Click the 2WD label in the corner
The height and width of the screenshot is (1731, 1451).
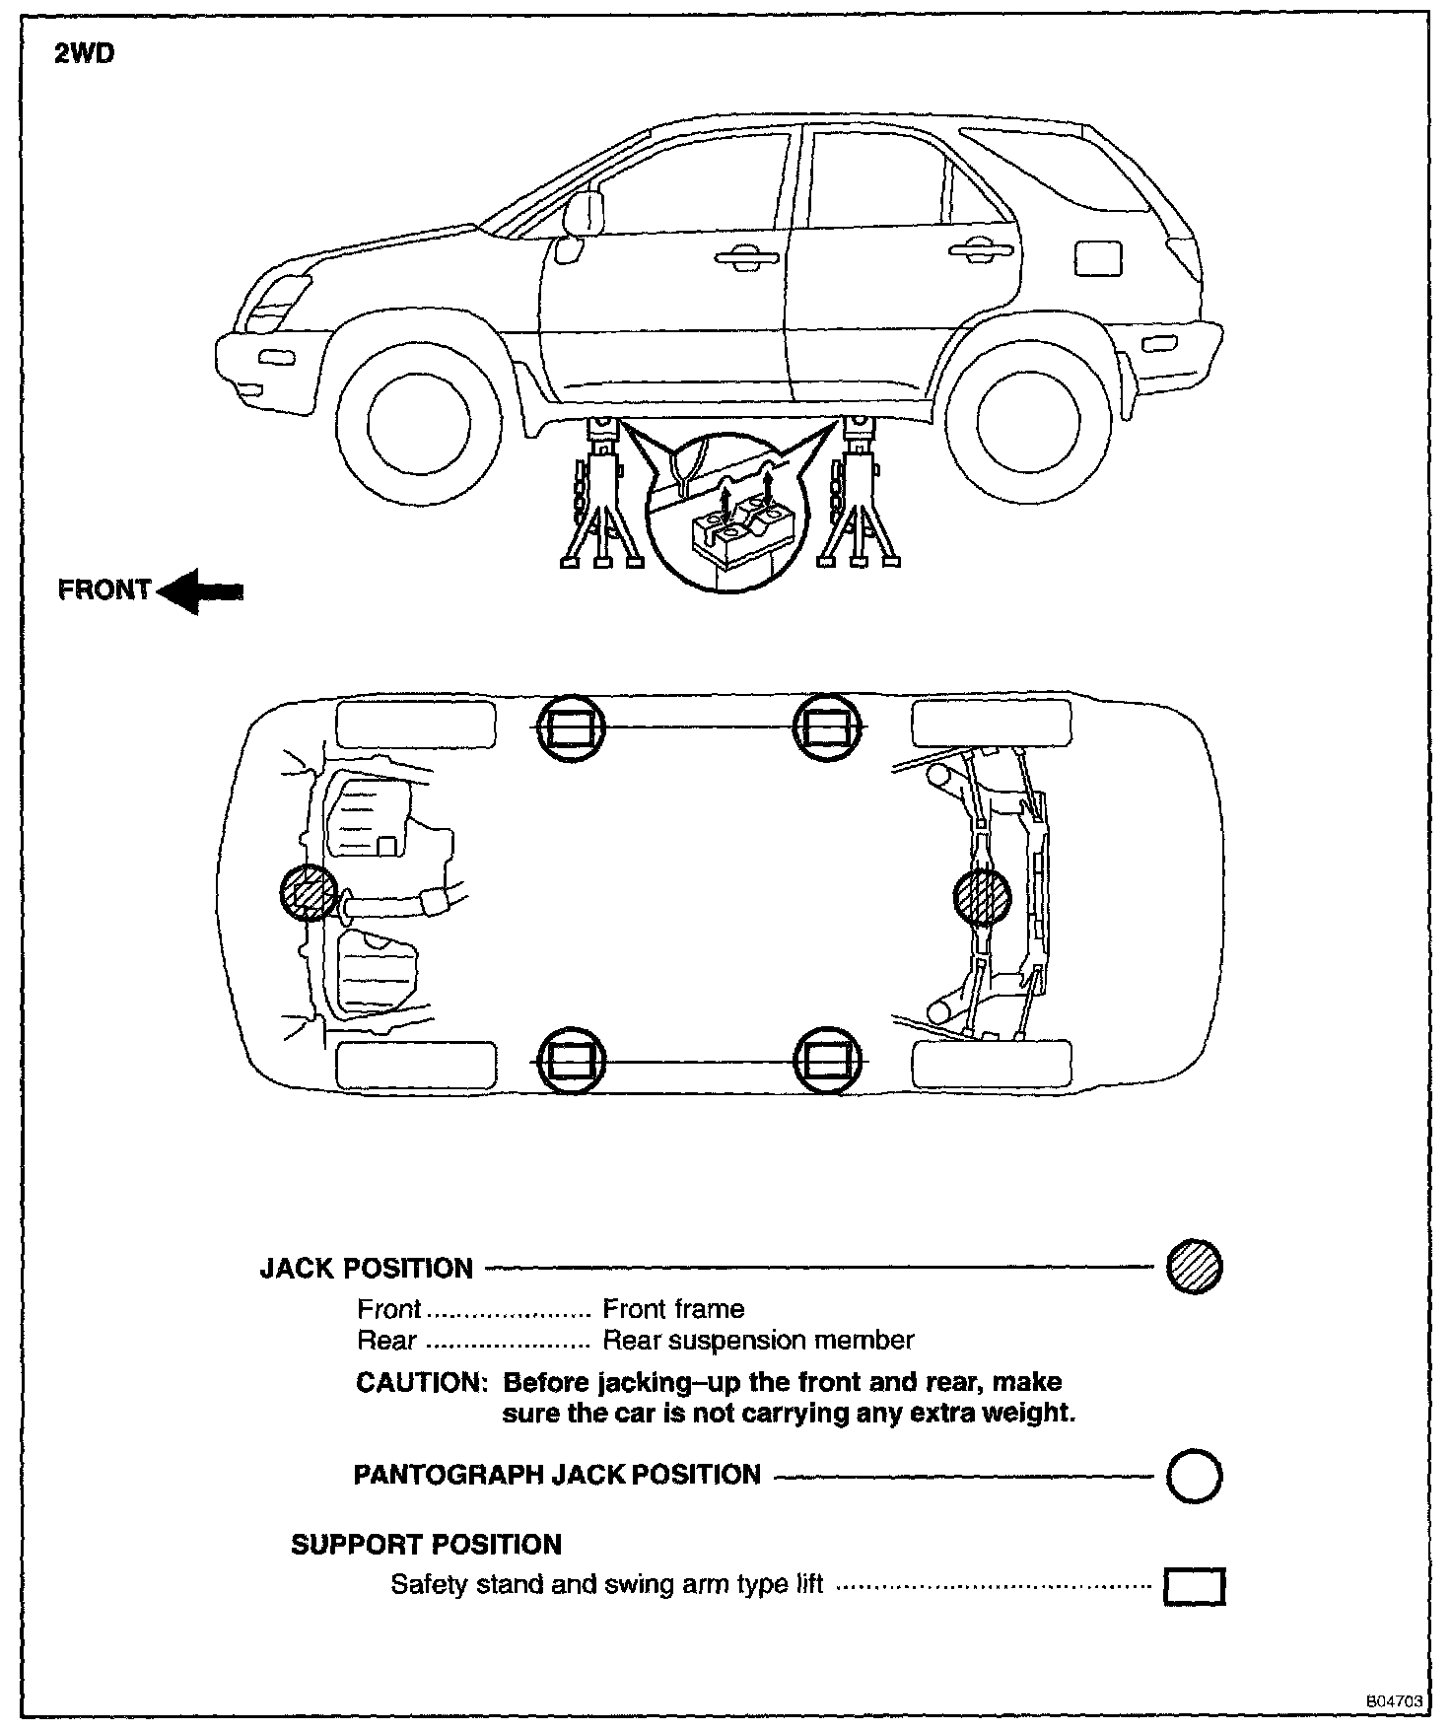tap(84, 53)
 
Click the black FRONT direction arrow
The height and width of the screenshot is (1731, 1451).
tap(200, 590)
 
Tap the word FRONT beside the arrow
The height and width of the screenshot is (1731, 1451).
tap(104, 589)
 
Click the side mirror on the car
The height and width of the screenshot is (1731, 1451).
tap(583, 214)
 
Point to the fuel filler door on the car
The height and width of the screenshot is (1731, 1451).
tap(1099, 258)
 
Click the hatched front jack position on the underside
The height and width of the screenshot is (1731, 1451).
tap(309, 893)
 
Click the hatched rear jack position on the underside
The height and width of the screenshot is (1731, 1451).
tap(983, 897)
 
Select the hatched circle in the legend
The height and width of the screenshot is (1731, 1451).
tap(1195, 1267)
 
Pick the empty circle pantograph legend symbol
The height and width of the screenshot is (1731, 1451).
tap(1195, 1476)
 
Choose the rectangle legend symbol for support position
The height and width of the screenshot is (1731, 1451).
tap(1195, 1586)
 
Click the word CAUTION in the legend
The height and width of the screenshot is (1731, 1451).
tap(421, 1383)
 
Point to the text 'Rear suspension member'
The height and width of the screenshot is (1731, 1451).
tap(758, 1341)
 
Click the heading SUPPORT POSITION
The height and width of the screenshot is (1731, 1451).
tap(426, 1544)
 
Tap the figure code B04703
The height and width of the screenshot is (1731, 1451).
tap(1394, 1700)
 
